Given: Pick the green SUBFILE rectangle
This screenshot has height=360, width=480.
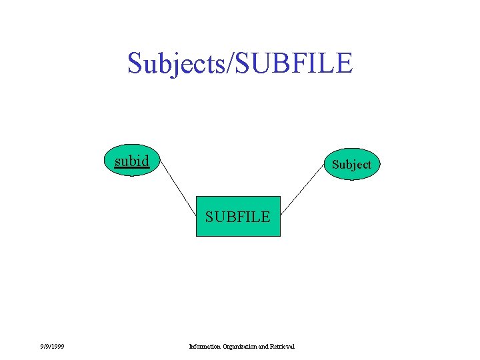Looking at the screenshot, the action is click(x=238, y=217).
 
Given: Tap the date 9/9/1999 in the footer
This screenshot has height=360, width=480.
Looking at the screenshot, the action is click(x=51, y=345).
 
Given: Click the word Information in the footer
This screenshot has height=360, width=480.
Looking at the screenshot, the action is click(x=201, y=346).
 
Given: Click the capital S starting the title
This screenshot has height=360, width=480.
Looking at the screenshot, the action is click(x=135, y=64).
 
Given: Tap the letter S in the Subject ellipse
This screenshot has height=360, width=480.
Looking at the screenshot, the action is click(x=336, y=164).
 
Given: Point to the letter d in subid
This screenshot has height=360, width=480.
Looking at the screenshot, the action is click(x=145, y=161).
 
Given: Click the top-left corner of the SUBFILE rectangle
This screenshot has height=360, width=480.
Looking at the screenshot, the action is click(x=196, y=197).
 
